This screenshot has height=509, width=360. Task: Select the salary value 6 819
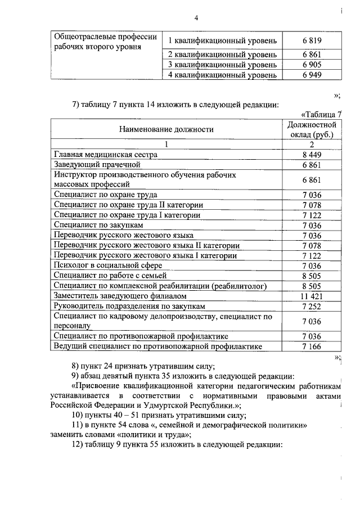click(311, 40)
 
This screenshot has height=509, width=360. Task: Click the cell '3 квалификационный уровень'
click(223, 65)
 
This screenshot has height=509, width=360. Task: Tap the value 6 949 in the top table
click(311, 75)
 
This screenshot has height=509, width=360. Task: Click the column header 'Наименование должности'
click(166, 129)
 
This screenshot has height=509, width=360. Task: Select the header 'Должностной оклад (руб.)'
click(311, 129)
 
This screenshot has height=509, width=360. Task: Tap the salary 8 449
click(311, 155)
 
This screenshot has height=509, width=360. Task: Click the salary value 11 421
click(311, 295)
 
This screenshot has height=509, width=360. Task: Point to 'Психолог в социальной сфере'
click(108, 265)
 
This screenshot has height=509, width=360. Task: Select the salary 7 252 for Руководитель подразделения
click(311, 306)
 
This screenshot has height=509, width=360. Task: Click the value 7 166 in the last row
click(311, 346)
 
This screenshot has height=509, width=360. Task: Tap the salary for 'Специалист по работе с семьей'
click(311, 275)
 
